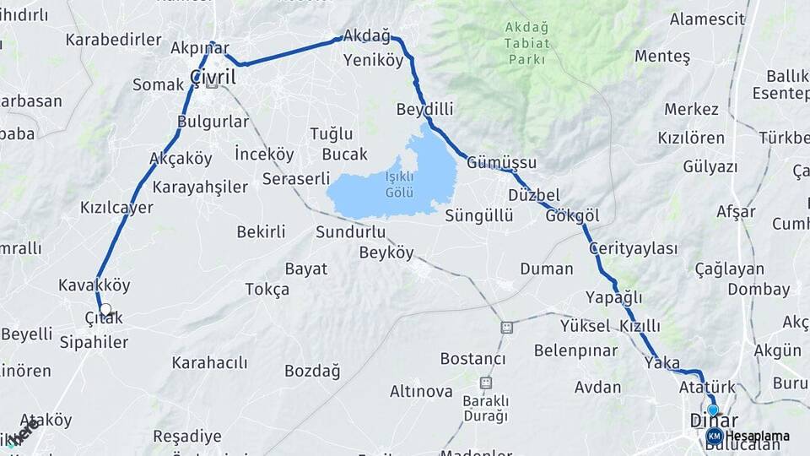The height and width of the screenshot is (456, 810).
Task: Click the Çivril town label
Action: point(213,77)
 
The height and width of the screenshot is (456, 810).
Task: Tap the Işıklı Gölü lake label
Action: point(399,184)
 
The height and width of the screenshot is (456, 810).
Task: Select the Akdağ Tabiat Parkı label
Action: point(526,43)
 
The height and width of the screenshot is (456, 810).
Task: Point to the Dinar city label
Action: point(714,421)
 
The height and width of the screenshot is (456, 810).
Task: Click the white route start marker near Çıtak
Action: point(105,310)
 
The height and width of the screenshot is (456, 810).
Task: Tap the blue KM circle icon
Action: point(714,436)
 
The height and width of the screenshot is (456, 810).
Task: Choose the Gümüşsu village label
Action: point(501,162)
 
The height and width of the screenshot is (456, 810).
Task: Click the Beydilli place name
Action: point(424,109)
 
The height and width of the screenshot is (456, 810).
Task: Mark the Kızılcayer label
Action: point(116,207)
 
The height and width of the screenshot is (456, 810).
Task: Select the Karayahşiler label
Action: point(200,187)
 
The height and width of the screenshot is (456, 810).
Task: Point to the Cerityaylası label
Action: point(634,248)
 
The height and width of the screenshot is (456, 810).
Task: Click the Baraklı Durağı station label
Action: point(485,409)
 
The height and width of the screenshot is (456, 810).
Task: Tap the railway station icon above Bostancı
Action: point(506,327)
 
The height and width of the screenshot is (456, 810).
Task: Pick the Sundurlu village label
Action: point(351,231)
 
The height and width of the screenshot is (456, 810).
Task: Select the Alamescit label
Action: point(707,19)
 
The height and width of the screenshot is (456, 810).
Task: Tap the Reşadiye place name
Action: point(187,437)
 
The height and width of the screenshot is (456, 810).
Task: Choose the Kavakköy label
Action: point(94,285)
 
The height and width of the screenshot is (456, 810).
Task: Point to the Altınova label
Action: point(421,391)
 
